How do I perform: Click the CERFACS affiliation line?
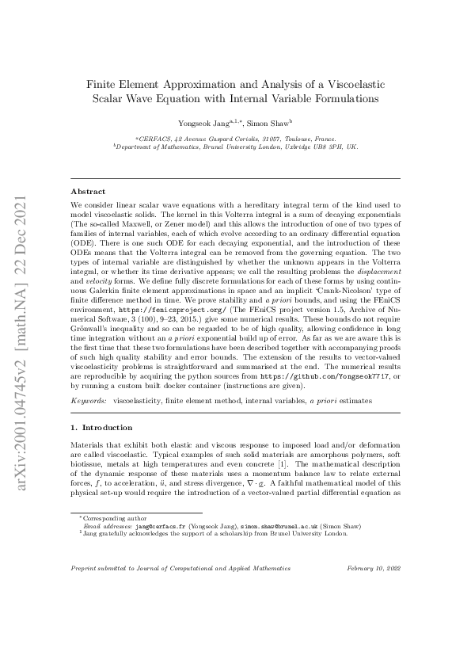[x=235, y=138]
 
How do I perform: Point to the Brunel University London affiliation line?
[x=235, y=147]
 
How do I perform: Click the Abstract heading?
[x=88, y=192]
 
